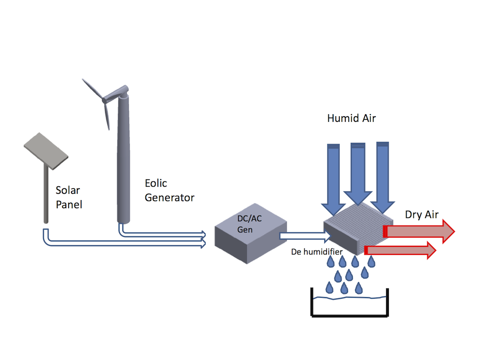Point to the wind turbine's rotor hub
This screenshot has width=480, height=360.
tap(104, 99)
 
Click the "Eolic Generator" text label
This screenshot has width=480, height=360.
tap(169, 191)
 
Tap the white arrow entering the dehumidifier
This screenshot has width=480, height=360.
tap(305, 236)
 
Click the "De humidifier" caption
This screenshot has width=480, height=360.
tap(317, 252)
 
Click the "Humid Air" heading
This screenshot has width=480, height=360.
tap(351, 118)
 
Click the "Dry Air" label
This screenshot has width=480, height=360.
tap(421, 215)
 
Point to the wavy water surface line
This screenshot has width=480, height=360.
tap(349, 298)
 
